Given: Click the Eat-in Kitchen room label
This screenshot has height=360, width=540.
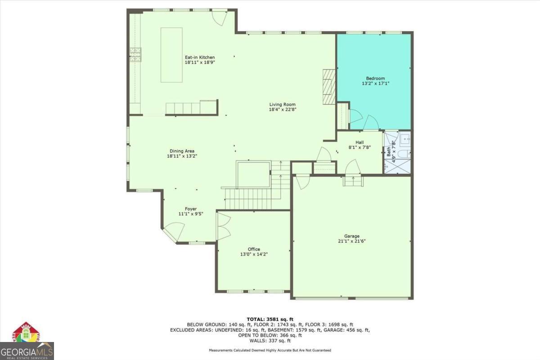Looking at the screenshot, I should pos(200,58).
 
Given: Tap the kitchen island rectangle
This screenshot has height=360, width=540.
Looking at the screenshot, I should pos(171,55).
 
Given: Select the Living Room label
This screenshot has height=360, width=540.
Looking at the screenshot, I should pos(282,104).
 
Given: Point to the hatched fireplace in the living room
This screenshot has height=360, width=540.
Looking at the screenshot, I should pos(329,87).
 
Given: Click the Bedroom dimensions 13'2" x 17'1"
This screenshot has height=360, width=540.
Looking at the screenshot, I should pos(376,83).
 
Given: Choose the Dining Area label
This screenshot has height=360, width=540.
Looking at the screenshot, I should pos(182,151).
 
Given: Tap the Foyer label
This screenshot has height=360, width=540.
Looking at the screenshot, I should pos(191,209).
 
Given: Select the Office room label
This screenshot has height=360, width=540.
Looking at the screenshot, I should pos(254,249).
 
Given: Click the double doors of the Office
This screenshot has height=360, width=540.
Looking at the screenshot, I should pos(223,226).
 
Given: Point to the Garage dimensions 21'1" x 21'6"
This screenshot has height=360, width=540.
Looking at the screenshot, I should pos(352,241).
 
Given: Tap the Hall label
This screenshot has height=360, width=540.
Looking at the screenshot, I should pos(360,142).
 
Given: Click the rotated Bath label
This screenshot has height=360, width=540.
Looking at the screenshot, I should pos(389,152).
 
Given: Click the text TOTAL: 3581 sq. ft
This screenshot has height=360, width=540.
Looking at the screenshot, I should pos(270,319).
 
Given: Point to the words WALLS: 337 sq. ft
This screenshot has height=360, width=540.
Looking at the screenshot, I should pos(270,341).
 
